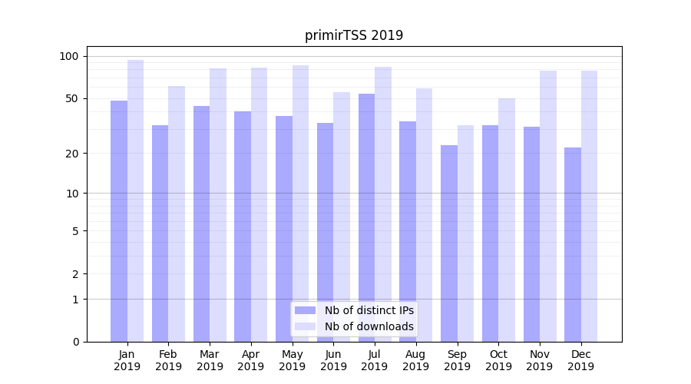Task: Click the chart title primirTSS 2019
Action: click(x=354, y=35)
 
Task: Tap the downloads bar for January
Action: click(x=136, y=200)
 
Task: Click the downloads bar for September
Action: click(x=465, y=233)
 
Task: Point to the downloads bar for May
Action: click(x=300, y=204)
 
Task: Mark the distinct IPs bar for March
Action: click(x=201, y=223)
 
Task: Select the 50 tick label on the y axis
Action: click(x=72, y=98)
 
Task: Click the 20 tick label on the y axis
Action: click(x=72, y=154)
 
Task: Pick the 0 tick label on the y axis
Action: click(x=75, y=342)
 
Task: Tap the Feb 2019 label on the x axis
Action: click(x=168, y=360)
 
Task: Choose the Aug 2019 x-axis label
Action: click(x=415, y=360)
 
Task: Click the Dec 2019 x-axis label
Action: click(x=580, y=360)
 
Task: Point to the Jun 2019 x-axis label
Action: click(x=333, y=360)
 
